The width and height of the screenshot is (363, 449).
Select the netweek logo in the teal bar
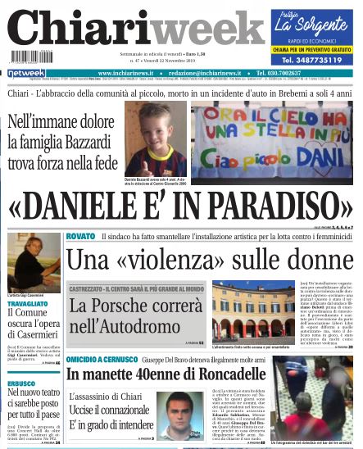(x=27, y=74)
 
